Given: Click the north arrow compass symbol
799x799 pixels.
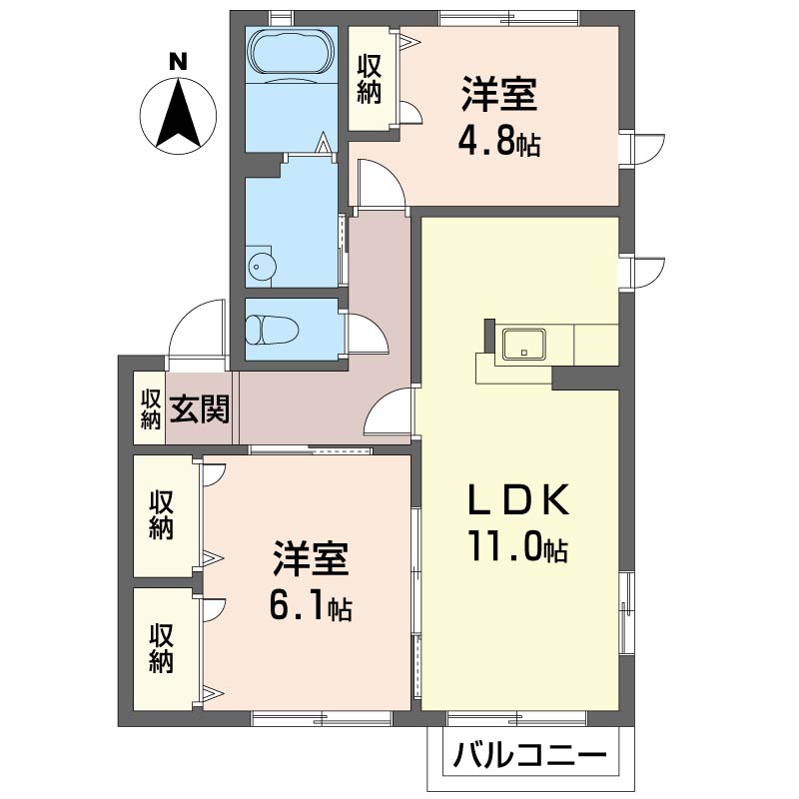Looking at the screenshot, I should [178, 114].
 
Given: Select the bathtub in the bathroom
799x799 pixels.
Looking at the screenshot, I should [291, 51].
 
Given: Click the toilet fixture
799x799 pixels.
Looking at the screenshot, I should [271, 329].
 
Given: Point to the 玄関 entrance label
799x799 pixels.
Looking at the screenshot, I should [200, 408].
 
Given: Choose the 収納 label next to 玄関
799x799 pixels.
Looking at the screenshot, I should [151, 408].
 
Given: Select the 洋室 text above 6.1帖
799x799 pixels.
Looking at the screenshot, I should [311, 560].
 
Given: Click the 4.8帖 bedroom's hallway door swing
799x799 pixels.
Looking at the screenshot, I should [380, 186].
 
